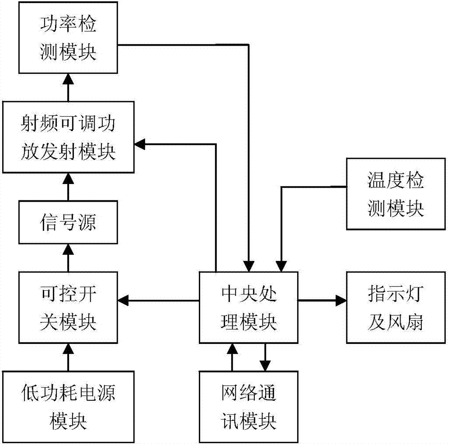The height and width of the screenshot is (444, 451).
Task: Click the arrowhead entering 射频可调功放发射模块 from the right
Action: (x=140, y=144)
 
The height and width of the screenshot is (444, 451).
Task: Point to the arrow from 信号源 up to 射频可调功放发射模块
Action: (x=69, y=188)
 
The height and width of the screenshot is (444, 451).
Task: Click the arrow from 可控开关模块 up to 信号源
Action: (x=69, y=257)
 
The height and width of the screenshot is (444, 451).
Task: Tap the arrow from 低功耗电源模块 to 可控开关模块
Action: (x=69, y=356)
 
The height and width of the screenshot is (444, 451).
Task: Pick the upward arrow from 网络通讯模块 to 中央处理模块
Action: (x=233, y=356)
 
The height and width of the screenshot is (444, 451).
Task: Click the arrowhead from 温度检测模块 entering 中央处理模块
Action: (x=281, y=266)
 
